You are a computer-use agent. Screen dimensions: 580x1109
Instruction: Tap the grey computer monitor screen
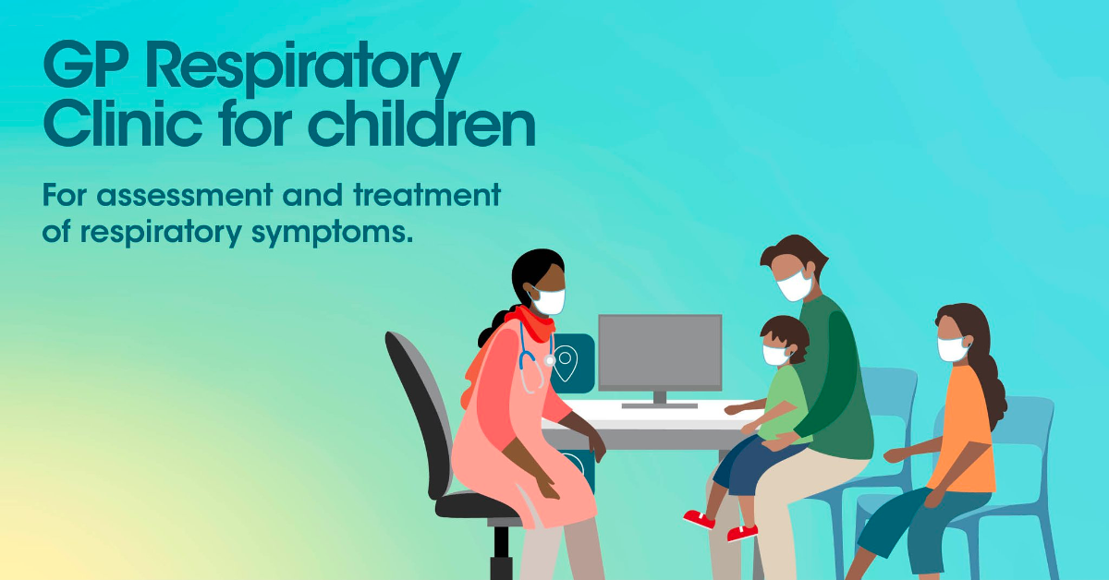click(660, 350)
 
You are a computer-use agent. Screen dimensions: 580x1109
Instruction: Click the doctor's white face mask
click(549, 300)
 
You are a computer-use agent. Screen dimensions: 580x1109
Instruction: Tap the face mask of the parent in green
click(795, 285)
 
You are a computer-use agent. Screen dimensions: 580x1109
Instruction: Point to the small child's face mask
click(774, 355)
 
